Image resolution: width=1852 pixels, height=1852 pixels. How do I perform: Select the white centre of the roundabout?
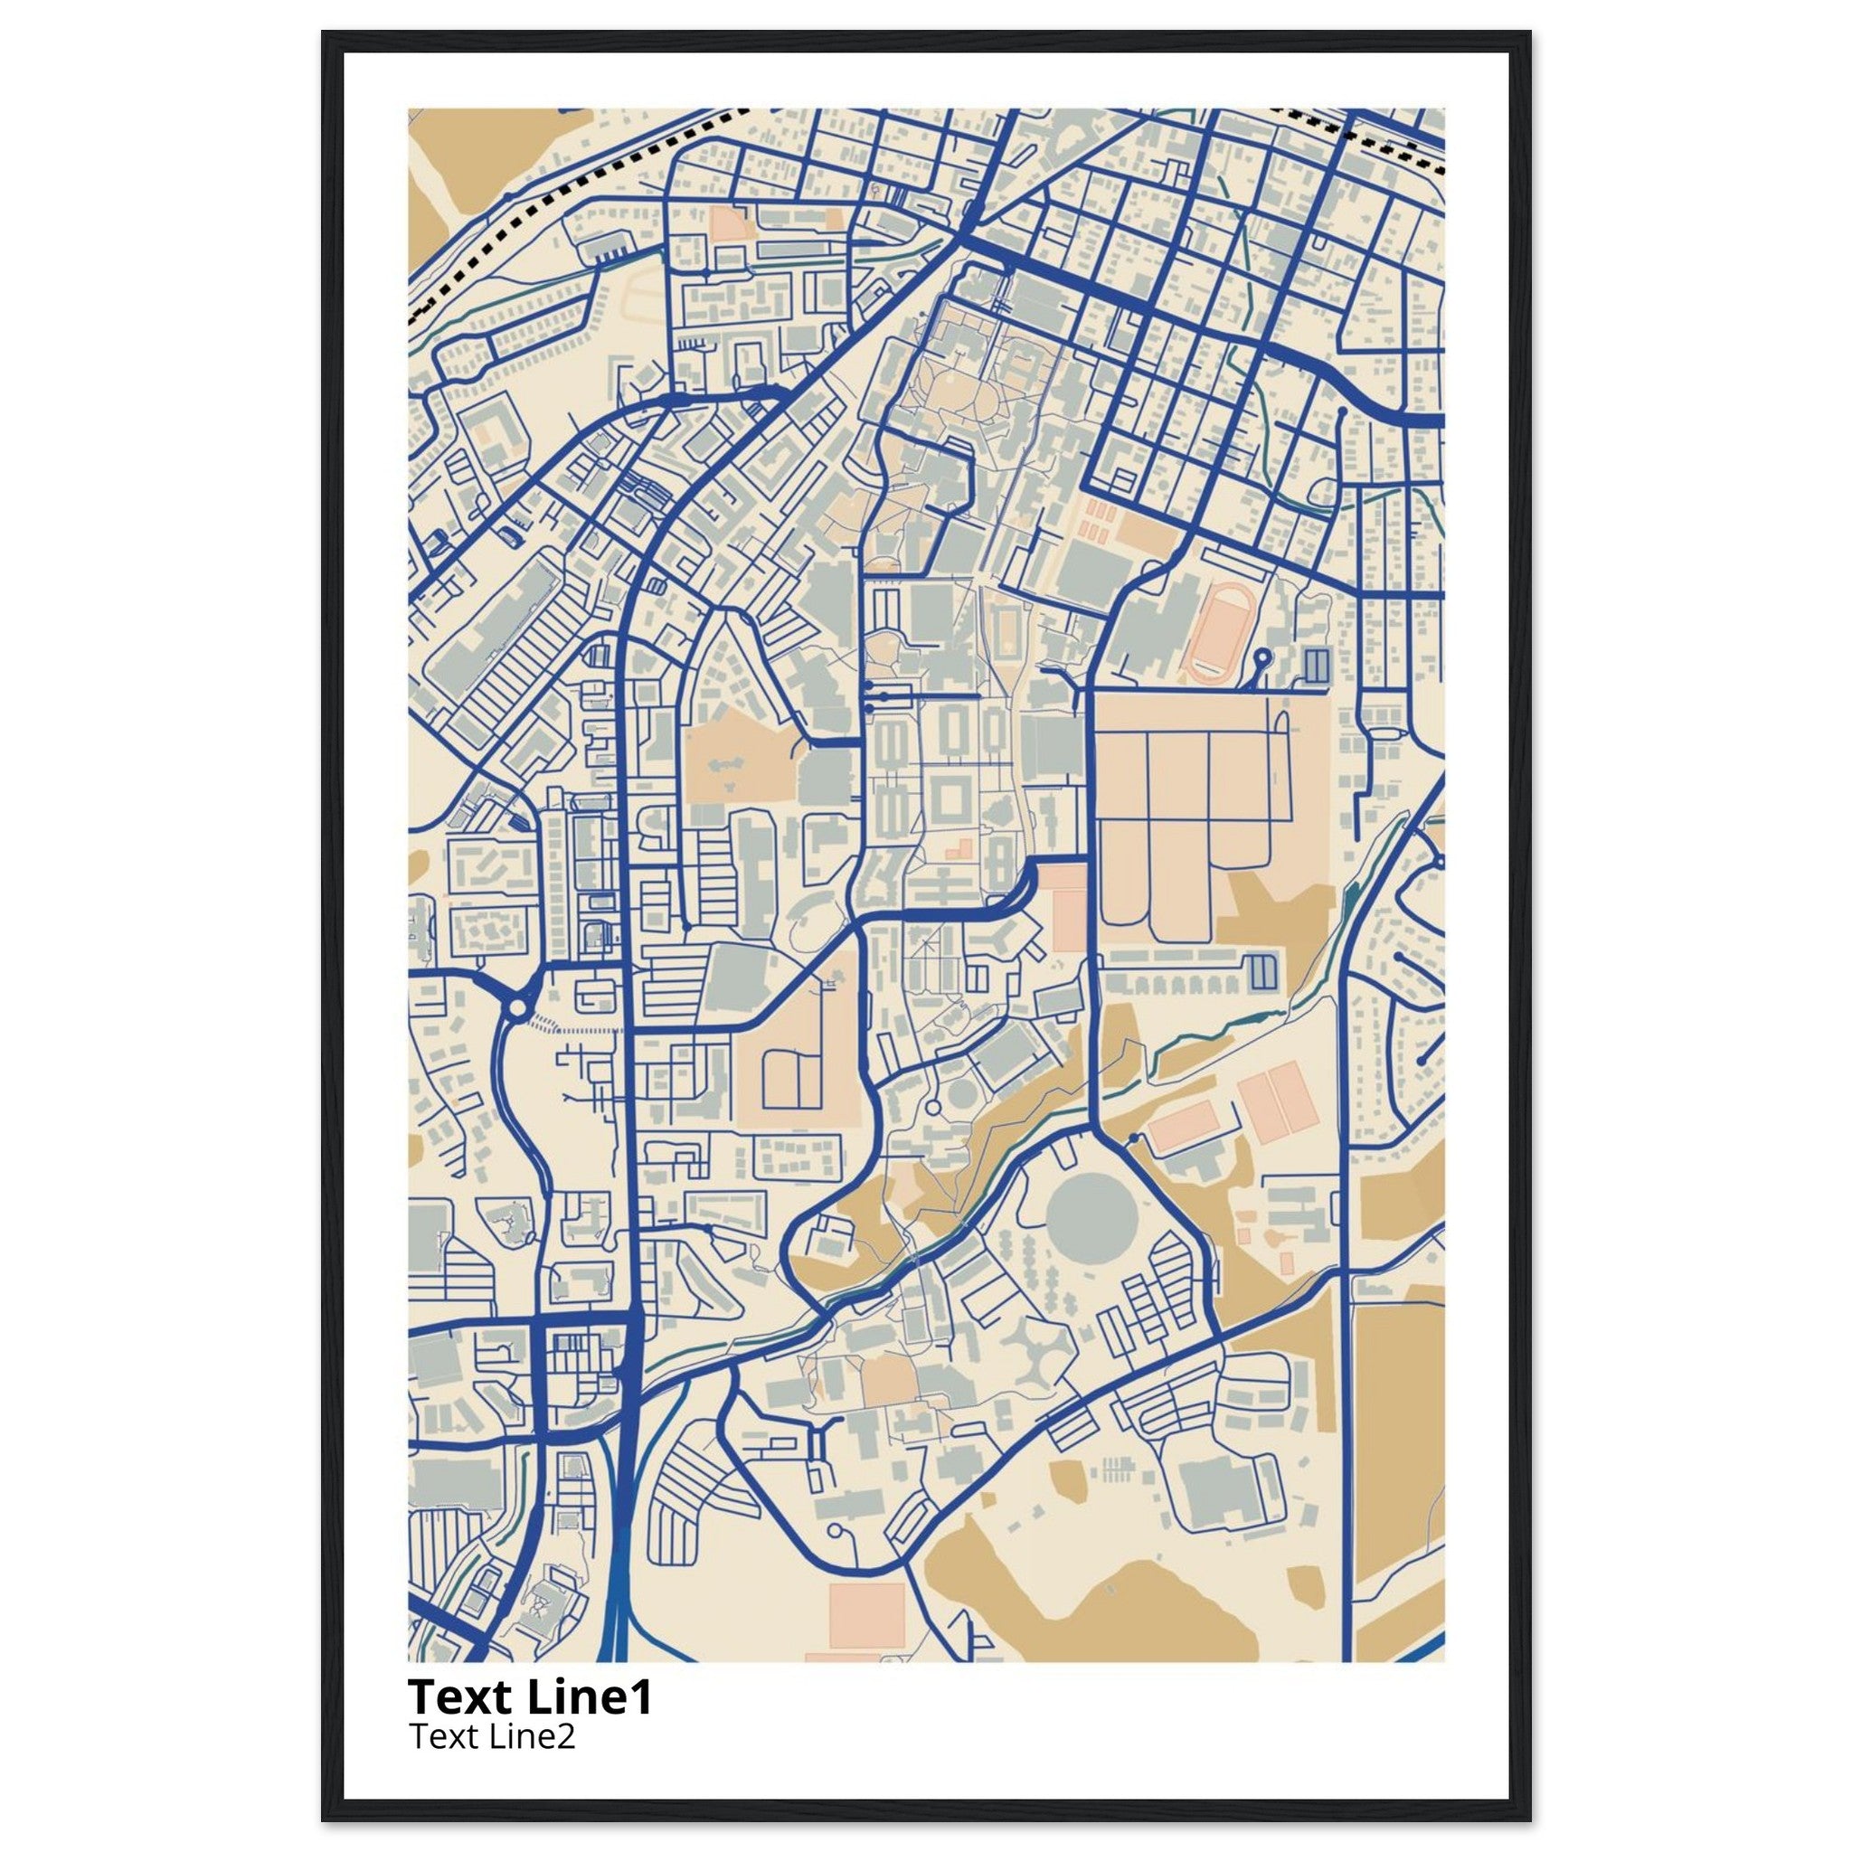point(517,1007)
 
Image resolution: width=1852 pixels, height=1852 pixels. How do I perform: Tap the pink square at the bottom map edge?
point(866,1615)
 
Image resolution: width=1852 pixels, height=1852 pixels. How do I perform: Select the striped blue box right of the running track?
point(1317,666)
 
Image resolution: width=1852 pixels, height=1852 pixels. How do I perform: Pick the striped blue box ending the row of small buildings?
point(1264,972)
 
